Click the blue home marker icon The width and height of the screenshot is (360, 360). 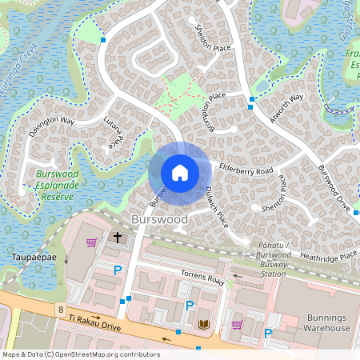click(180, 172)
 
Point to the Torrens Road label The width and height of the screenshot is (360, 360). click(202, 278)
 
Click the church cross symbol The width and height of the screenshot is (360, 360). click(118, 238)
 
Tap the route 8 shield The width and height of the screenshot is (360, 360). click(61, 308)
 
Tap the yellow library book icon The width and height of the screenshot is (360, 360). click(203, 323)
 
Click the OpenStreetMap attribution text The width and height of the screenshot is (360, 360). click(80, 354)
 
